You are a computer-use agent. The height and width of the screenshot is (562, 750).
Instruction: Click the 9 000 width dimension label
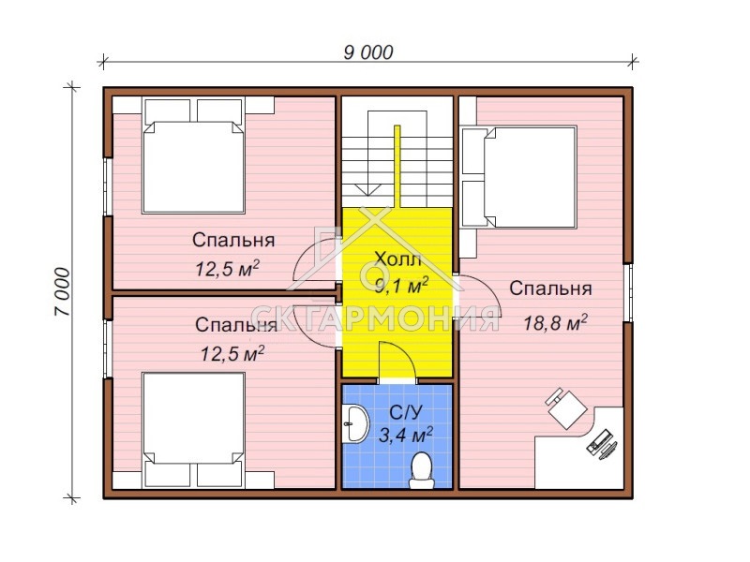368,52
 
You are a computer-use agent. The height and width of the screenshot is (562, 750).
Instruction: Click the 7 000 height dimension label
63,291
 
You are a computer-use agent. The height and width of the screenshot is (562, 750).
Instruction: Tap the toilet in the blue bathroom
421,470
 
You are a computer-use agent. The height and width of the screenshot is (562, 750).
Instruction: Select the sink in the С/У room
355,423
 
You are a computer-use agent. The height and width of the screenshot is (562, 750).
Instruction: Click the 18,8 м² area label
555,323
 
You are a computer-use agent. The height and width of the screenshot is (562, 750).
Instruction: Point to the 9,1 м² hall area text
401,287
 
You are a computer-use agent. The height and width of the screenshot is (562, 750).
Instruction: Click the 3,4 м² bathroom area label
406,435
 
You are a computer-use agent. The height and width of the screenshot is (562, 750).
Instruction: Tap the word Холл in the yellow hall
397,259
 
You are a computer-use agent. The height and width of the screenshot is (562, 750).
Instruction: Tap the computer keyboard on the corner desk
598,440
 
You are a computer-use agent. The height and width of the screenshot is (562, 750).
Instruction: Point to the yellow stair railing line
397,167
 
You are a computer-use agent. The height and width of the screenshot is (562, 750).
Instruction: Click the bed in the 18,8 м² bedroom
519,177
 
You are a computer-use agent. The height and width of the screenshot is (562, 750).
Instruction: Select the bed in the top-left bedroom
193,155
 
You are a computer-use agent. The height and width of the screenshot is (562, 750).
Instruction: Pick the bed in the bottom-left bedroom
194,430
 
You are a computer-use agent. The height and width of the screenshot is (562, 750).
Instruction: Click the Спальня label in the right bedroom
550,288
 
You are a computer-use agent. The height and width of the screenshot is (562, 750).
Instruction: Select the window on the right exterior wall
629,292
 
